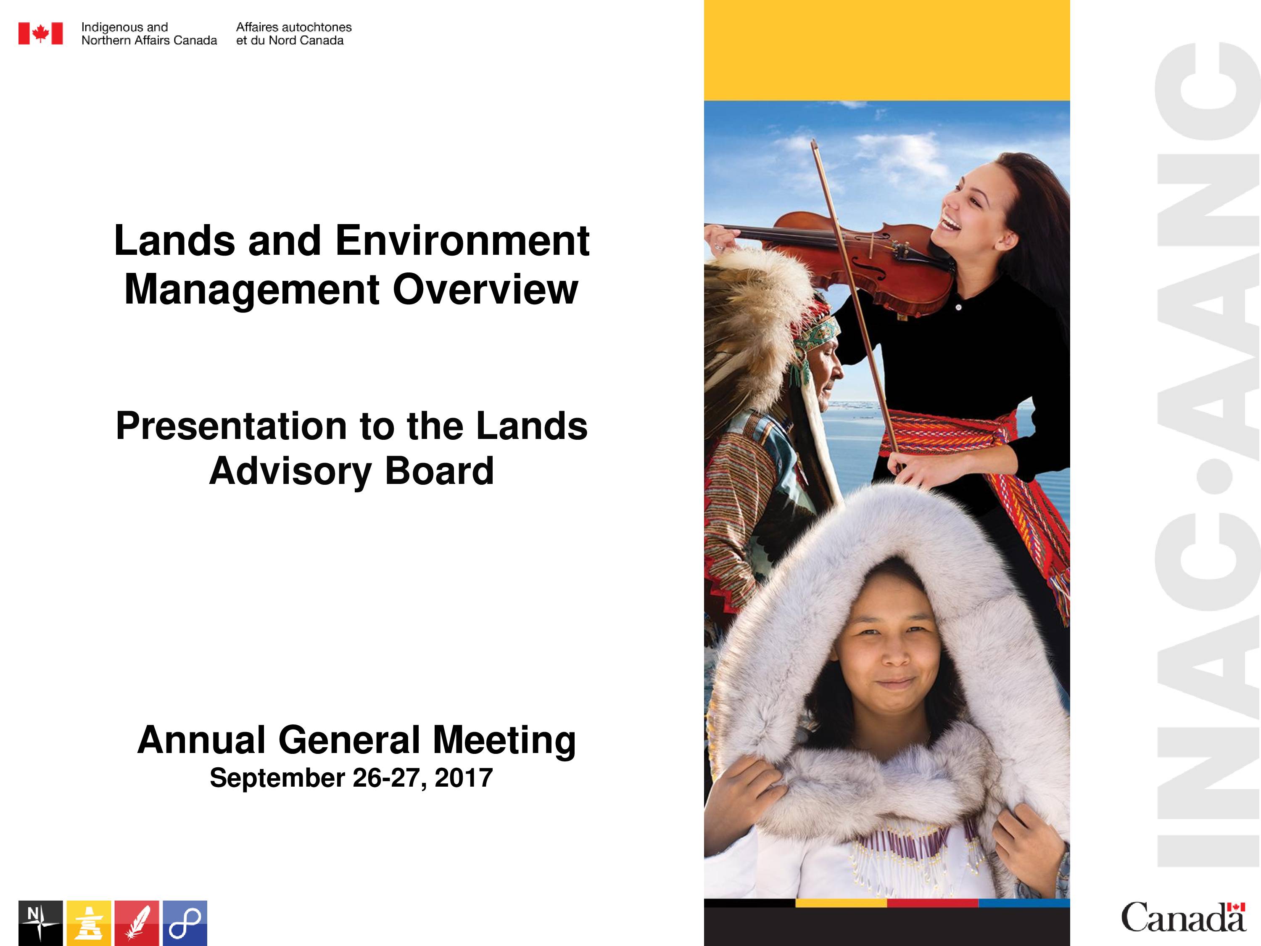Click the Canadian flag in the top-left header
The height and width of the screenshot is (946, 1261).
[x=40, y=34]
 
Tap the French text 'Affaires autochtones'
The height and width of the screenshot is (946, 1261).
[x=293, y=27]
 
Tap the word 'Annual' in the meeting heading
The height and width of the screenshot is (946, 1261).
[x=202, y=740]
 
